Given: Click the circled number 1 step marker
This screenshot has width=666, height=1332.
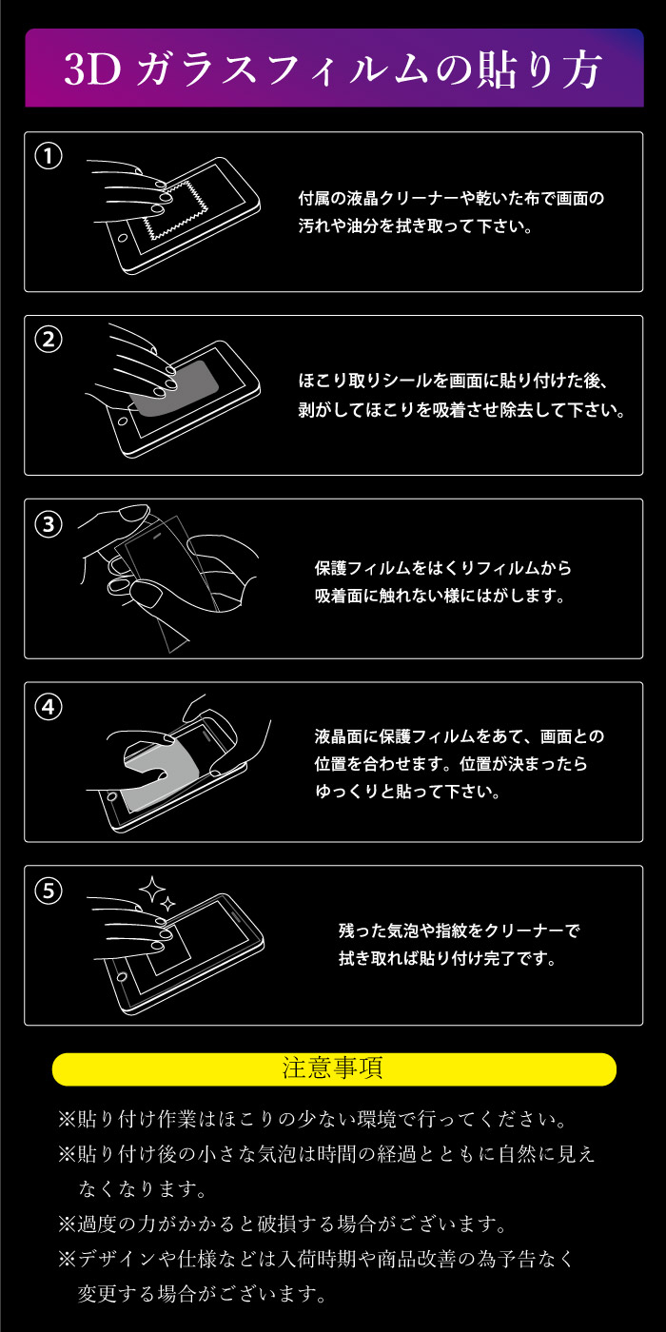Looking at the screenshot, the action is pos(49,156).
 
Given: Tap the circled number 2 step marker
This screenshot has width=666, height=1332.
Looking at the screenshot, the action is pos(49,340).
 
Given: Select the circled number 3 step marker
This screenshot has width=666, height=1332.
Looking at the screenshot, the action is pos(49,524).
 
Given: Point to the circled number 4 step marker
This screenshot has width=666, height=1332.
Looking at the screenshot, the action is pos(49,707).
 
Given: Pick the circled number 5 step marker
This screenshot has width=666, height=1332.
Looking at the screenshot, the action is pos(49,891).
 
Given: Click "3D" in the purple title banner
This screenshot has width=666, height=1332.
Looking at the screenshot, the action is pos(92,69).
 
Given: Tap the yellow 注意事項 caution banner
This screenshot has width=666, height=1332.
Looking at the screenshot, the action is pos(334,1068).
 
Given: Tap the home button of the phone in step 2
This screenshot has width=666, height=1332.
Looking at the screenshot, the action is pos(123,421).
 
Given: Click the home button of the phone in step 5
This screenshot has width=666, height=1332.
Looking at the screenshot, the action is pos(122,976).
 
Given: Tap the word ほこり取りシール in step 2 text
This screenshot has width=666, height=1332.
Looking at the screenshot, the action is pos(356,381).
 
